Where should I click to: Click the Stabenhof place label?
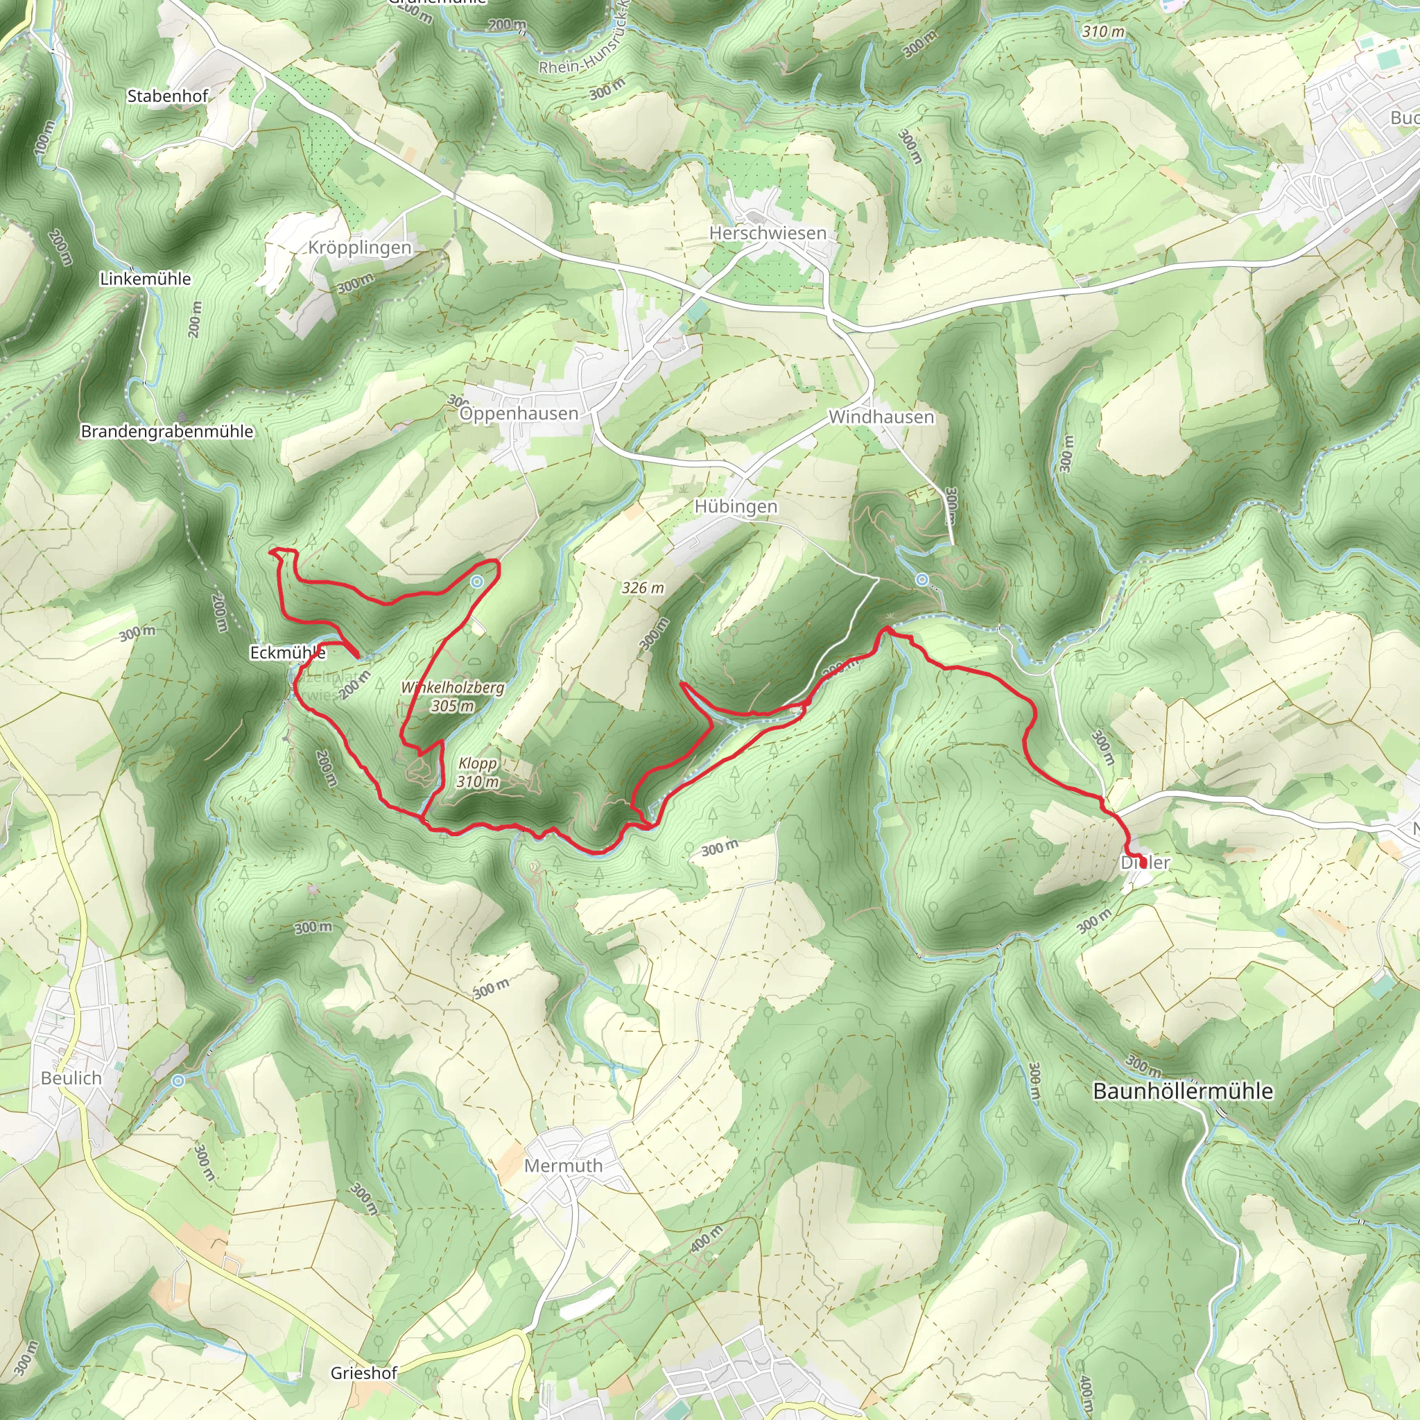168,96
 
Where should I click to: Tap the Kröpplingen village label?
359,248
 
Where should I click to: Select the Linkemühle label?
146,279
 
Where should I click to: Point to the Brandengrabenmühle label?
167,431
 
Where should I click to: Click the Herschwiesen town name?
768,233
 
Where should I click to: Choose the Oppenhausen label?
519,414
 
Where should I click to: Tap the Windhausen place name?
881,417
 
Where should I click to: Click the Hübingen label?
736,506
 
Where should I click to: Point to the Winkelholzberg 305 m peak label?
453,697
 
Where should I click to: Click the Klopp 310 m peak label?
478,772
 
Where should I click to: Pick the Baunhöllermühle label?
1183,1091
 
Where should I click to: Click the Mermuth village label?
563,1166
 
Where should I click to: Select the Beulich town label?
71,1078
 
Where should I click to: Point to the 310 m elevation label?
1103,32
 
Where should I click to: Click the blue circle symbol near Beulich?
179,1081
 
